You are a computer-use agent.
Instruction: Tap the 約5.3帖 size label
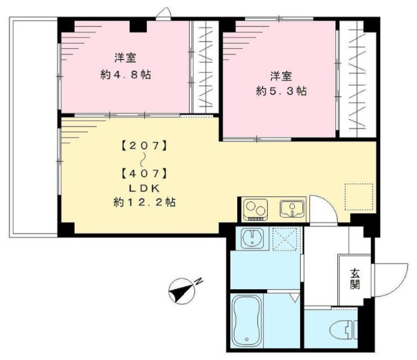282,91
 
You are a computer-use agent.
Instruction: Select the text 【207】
144,146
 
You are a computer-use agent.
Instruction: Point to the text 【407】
144,172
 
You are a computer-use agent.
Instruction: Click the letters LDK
144,188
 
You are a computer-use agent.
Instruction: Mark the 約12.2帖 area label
144,203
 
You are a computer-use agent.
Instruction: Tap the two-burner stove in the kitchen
256,208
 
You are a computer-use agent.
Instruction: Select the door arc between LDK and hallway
325,209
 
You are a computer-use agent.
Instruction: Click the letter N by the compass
199,281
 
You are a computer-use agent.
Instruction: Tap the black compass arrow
182,292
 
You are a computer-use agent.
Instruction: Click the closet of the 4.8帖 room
204,66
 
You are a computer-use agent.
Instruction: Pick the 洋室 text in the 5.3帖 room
282,77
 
